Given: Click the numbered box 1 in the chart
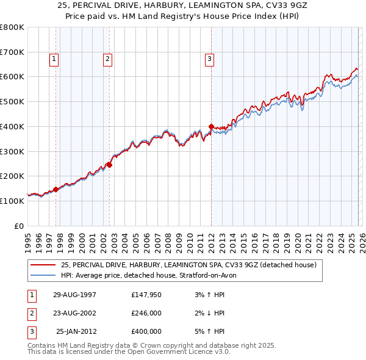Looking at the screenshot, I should (x=54, y=59).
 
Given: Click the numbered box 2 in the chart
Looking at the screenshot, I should (x=107, y=59).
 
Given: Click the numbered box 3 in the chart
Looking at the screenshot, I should (x=209, y=59).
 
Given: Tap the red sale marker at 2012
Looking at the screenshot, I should (x=211, y=127).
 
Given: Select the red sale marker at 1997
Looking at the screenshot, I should (x=56, y=189).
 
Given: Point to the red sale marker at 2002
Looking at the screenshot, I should (x=109, y=164).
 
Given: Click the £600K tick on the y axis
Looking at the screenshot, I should (x=12, y=77).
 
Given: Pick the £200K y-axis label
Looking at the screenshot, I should (x=12, y=176).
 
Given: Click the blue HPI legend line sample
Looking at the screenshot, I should (x=44, y=275).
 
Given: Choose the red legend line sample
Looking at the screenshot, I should (x=44, y=265).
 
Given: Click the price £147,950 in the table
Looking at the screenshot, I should (x=146, y=295).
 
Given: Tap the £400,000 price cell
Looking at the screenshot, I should (x=146, y=331).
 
